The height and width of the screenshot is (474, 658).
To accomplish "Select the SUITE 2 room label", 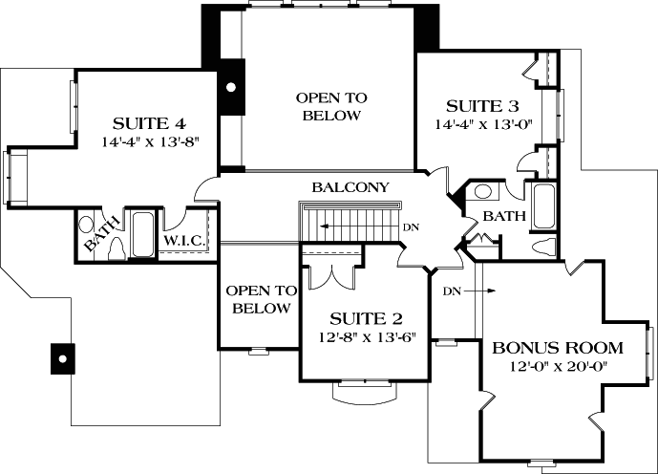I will [x=366, y=318].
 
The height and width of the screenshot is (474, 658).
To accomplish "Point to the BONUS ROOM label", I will [x=558, y=348].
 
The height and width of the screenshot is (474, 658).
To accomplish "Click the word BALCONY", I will [x=350, y=187].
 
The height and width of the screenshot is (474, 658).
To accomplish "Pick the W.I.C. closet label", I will [x=183, y=241].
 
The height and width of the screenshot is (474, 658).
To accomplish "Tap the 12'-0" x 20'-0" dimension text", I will [x=558, y=366].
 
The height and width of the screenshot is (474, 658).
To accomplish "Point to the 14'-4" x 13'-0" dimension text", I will [x=487, y=123].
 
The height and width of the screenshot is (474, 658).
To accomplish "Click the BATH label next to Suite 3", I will [x=503, y=217].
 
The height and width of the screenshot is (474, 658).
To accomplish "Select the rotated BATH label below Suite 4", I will [x=103, y=234].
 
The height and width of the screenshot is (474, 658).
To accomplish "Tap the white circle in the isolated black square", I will [x=61, y=358].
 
